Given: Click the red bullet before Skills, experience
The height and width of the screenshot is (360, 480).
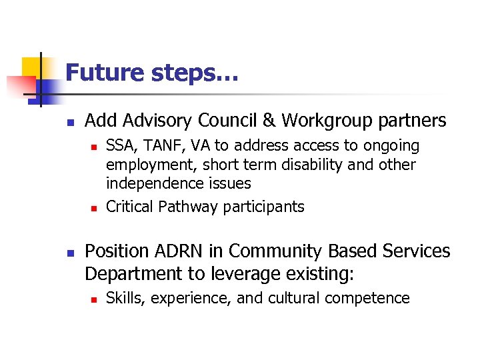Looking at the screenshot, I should click(93, 299).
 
